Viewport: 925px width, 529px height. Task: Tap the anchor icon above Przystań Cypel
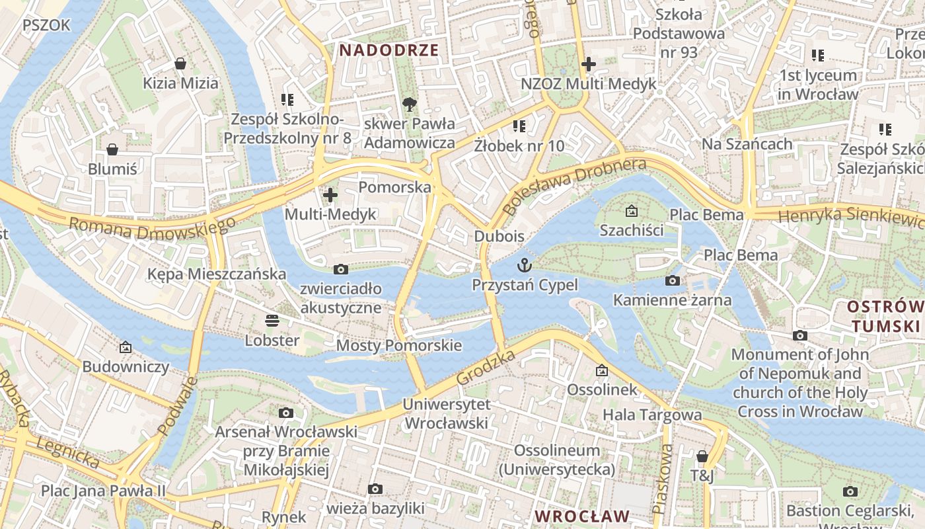pos(525,265)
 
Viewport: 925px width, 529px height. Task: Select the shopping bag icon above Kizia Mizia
pos(180,63)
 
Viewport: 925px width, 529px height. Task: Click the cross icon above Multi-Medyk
pos(330,194)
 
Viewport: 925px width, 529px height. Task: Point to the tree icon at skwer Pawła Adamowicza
pos(410,103)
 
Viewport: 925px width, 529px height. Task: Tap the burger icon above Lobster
pos(272,321)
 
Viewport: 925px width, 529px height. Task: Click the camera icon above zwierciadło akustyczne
pos(341,269)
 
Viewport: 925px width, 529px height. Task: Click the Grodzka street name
pos(486,368)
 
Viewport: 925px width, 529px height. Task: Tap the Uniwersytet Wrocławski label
pos(446,414)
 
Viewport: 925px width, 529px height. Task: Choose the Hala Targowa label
pos(651,415)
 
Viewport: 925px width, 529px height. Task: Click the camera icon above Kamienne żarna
pos(673,280)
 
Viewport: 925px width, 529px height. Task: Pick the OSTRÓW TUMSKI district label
pos(885,316)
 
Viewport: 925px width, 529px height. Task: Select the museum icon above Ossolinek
pos(601,370)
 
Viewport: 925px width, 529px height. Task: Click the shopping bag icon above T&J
pos(702,456)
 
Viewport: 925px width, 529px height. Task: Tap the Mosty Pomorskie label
pos(398,345)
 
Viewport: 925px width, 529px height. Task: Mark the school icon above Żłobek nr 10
pos(519,126)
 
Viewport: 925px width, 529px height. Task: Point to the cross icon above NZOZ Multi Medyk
pos(588,64)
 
